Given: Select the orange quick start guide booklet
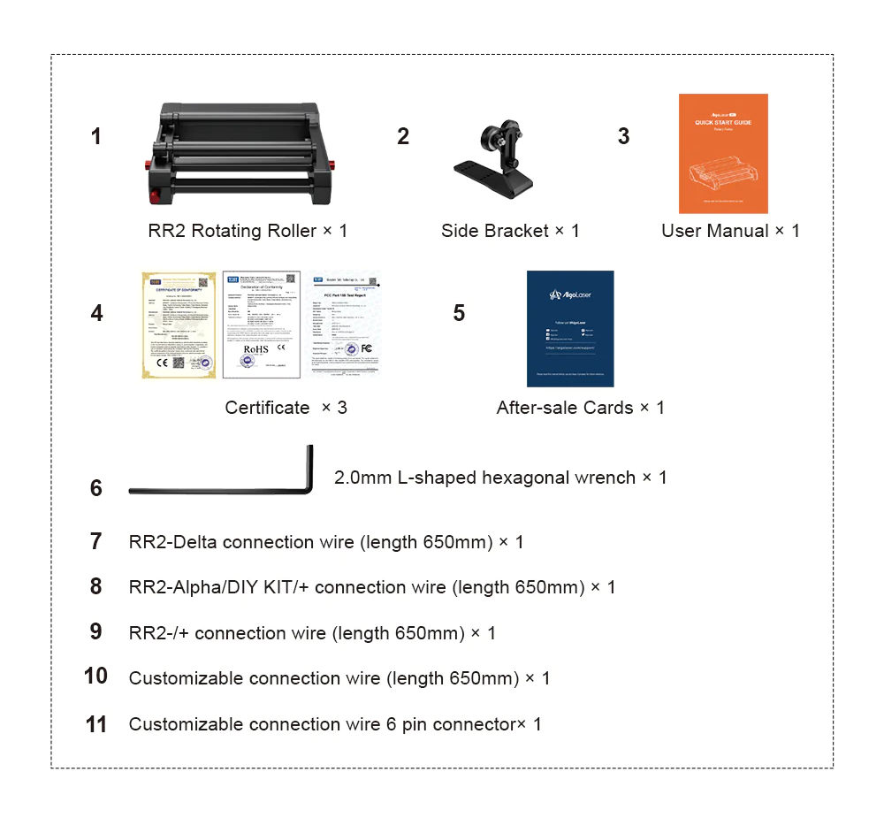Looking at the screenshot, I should click(723, 153).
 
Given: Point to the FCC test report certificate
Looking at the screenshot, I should click(344, 325).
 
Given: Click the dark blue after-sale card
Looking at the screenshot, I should click(570, 328).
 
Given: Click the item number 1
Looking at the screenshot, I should click(95, 137).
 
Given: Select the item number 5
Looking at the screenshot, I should click(459, 314).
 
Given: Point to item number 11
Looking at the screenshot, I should click(96, 725).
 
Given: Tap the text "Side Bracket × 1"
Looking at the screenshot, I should click(510, 231).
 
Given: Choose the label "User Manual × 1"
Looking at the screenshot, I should click(730, 231).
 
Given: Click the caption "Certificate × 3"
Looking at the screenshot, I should click(286, 408).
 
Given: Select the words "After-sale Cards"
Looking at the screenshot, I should click(564, 408).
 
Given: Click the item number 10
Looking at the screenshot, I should click(95, 677).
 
